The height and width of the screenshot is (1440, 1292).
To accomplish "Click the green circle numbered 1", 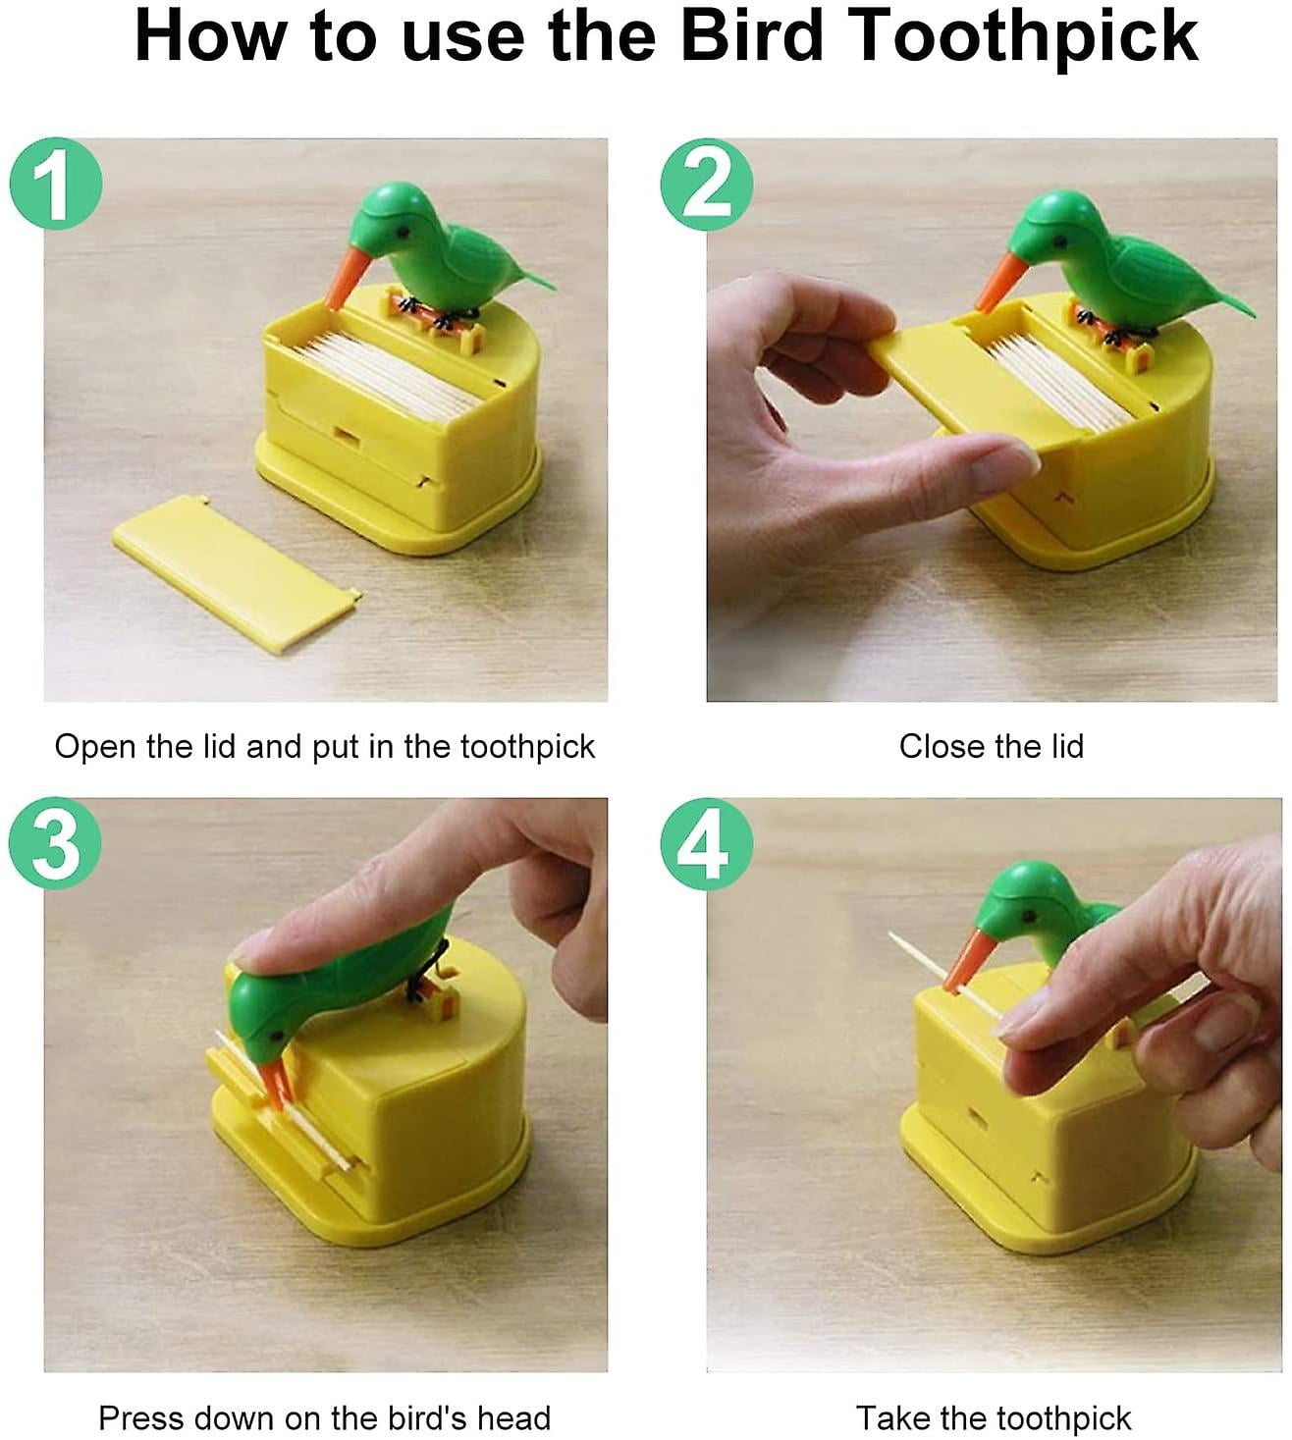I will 55,184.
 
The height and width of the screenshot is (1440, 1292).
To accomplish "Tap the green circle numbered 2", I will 706,184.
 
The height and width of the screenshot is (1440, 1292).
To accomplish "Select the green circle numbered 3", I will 55,843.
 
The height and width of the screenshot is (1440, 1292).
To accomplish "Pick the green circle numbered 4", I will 706,843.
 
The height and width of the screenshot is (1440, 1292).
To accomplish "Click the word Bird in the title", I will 751,36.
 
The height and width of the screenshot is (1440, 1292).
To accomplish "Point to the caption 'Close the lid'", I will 991,747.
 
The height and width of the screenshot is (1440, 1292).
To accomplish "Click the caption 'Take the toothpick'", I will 993,1418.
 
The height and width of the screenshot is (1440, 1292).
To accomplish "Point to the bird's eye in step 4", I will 1027,914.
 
